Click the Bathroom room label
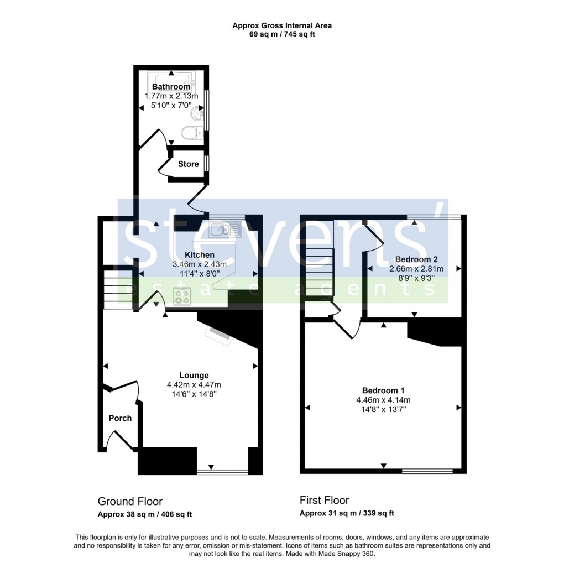click(x=171, y=87)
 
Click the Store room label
click(x=188, y=164)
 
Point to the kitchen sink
click(x=224, y=229)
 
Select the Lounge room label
click(x=194, y=376)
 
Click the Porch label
click(x=120, y=418)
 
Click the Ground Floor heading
click(x=130, y=502)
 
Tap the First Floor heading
click(x=325, y=501)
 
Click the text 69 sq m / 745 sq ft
click(x=282, y=34)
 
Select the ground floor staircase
click(x=118, y=289)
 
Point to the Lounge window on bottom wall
click(x=223, y=472)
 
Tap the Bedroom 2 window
click(x=434, y=217)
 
